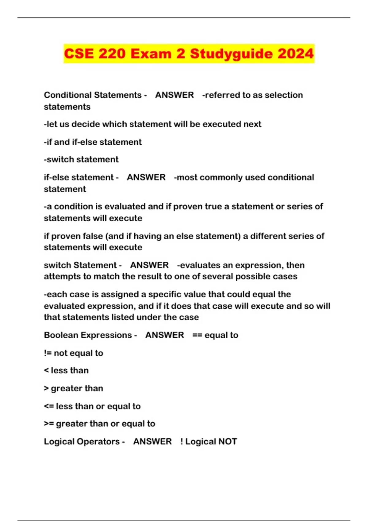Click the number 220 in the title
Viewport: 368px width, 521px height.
(x=112, y=54)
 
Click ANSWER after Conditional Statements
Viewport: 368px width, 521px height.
(x=174, y=95)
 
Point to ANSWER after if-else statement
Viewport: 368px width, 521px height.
(x=146, y=177)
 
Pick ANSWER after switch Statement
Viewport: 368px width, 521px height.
(x=149, y=265)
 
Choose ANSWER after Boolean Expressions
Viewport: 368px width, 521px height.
(x=165, y=335)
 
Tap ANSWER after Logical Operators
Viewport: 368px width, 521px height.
(x=152, y=441)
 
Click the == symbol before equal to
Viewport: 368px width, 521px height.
(x=197, y=335)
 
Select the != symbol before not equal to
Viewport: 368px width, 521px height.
(x=48, y=353)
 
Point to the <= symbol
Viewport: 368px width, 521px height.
(x=49, y=406)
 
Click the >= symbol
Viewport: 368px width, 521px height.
(x=49, y=424)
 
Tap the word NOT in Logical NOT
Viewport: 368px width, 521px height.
(x=228, y=441)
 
